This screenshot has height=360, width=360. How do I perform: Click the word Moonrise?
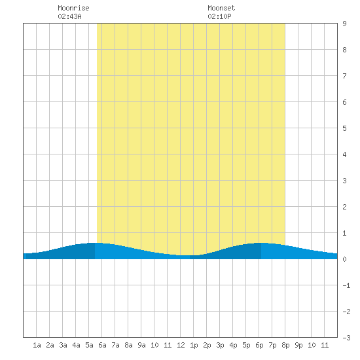(x=73, y=8)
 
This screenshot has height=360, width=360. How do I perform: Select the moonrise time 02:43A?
(x=69, y=16)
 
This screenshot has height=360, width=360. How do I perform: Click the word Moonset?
(x=221, y=8)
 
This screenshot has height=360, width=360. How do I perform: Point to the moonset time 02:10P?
(x=219, y=16)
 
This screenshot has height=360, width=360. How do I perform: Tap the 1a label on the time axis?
(x=37, y=345)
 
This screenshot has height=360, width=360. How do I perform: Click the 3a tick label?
(x=63, y=345)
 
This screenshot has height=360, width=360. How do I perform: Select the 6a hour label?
(x=102, y=345)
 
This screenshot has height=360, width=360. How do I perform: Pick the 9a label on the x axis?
(x=141, y=345)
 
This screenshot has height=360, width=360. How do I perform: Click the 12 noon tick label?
(x=181, y=345)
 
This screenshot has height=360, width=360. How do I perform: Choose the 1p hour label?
(x=194, y=345)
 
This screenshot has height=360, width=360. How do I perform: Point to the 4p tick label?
(x=233, y=345)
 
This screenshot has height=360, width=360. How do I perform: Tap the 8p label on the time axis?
(x=285, y=345)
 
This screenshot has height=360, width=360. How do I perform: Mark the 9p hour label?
(x=298, y=345)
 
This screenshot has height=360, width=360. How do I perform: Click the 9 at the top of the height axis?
(x=344, y=24)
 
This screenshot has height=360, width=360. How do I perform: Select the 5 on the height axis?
(x=344, y=128)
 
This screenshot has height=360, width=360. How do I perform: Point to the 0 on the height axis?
(x=344, y=259)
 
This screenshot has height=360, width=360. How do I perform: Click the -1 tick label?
(x=346, y=285)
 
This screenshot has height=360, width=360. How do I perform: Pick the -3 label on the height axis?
(x=346, y=338)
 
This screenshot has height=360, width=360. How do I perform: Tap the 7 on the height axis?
(x=344, y=76)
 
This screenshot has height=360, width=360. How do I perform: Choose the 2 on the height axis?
(x=344, y=207)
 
